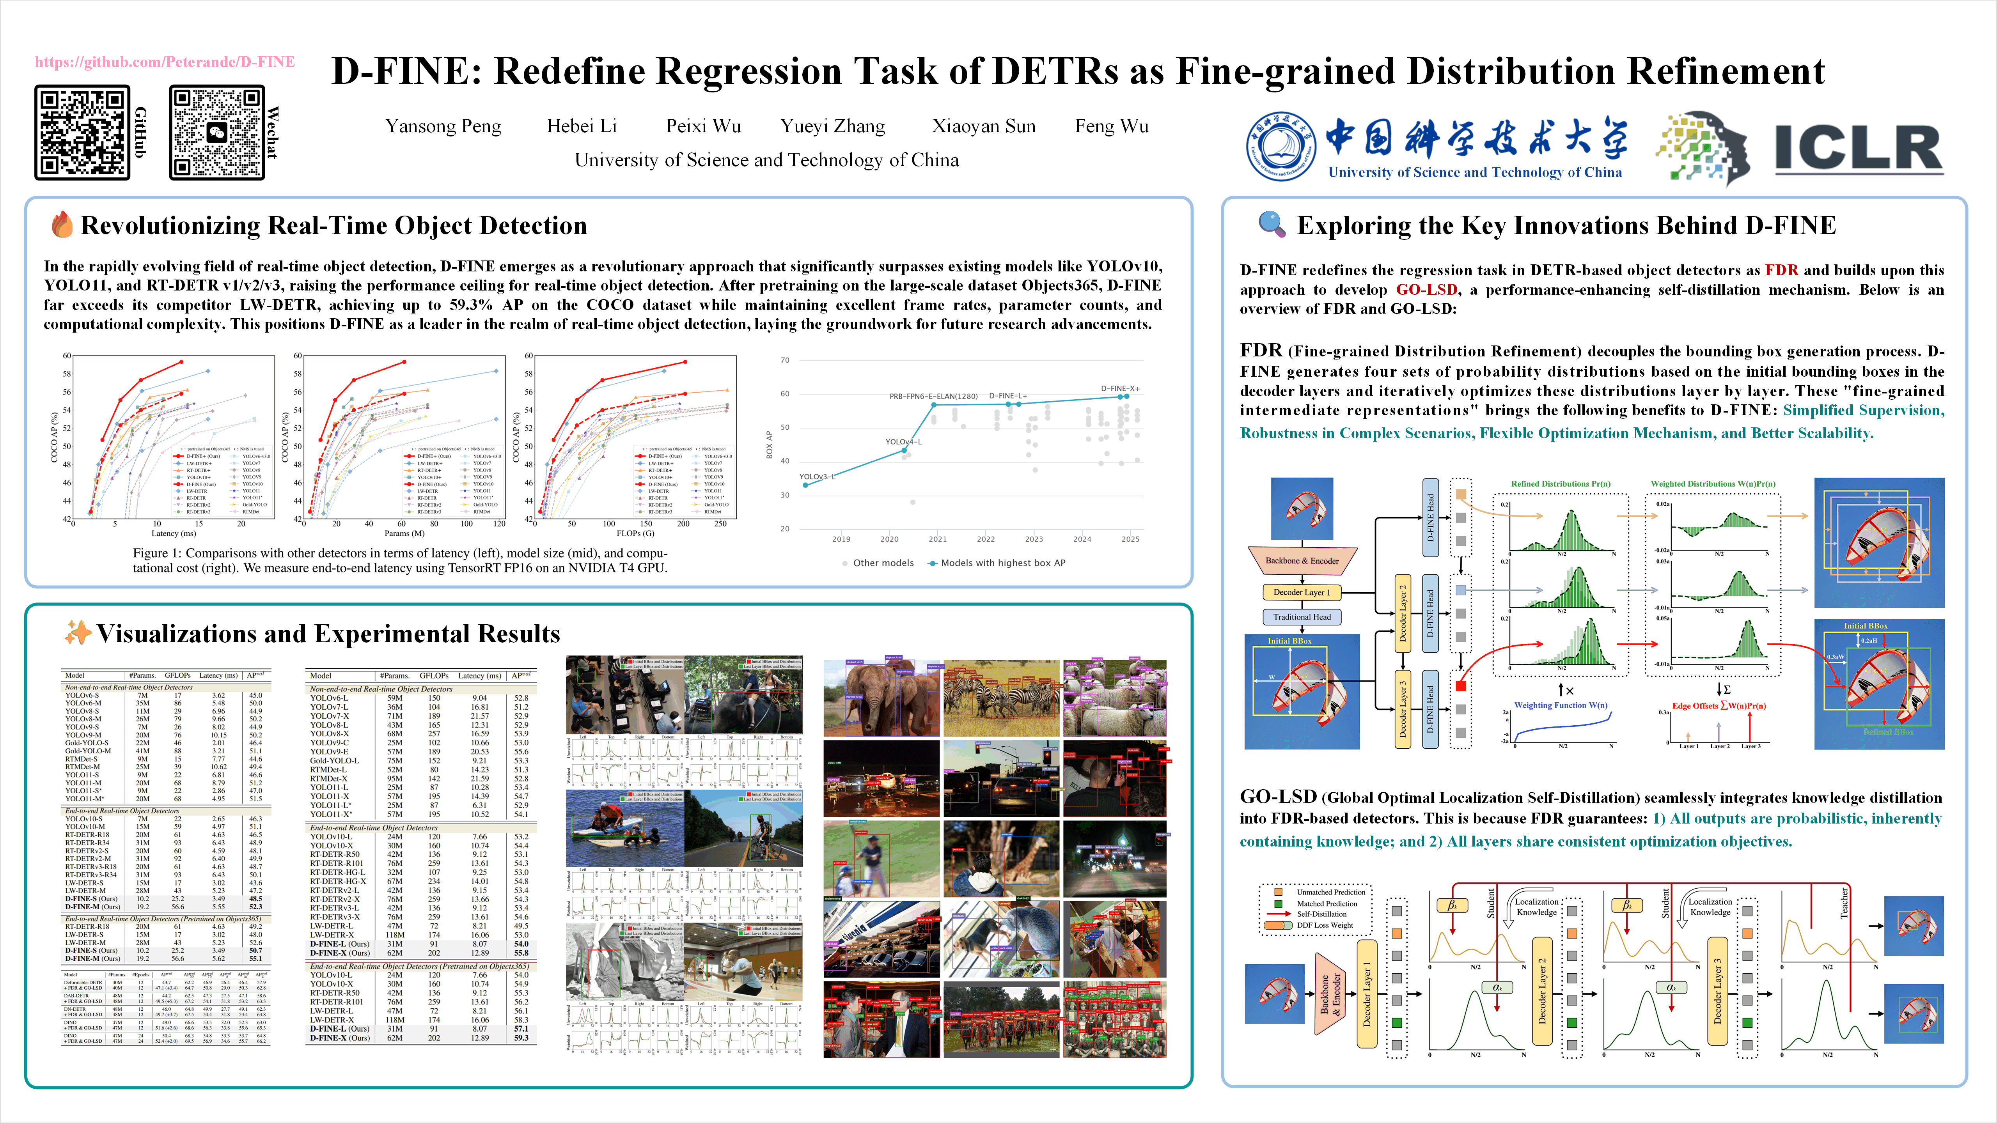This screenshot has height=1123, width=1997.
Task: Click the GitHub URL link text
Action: [164, 62]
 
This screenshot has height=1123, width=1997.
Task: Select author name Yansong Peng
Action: [443, 126]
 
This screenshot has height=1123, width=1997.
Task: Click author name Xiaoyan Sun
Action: [983, 126]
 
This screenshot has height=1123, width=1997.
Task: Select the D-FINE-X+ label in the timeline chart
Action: [1119, 388]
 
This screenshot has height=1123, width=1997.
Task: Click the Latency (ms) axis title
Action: [174, 533]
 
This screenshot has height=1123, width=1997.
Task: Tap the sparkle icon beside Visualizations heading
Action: [78, 633]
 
